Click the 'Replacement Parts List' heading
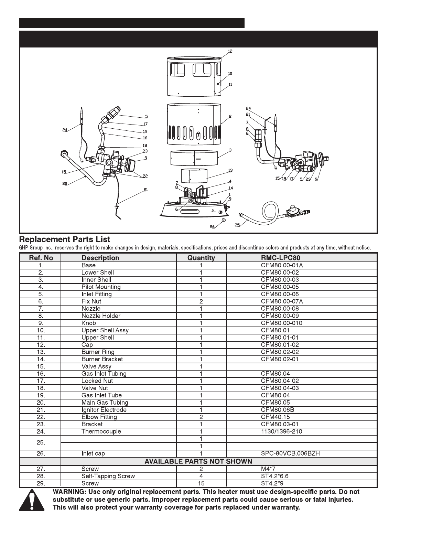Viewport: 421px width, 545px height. [65, 239]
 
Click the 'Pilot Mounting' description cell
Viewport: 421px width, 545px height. [101, 287]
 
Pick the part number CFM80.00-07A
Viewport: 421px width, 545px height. [282, 301]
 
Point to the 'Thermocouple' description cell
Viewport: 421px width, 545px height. [101, 431]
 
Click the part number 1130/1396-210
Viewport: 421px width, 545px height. [281, 431]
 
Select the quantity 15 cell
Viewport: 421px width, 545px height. [201, 483]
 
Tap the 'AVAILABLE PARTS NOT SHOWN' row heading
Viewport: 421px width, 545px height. [198, 461]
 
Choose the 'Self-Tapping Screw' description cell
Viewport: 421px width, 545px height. [108, 476]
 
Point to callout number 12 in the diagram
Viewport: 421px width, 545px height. [230, 51]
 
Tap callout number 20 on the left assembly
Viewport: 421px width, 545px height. [65, 183]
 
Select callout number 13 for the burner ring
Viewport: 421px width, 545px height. [230, 170]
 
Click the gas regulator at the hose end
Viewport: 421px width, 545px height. [292, 211]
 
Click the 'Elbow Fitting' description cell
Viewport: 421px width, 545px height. [99, 417]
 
